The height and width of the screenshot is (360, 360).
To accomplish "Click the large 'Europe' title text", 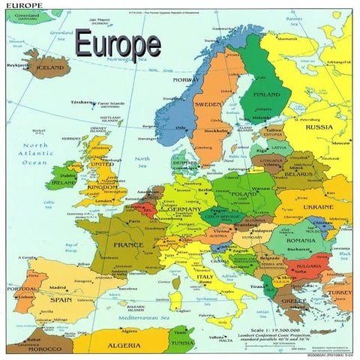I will [x=117, y=44].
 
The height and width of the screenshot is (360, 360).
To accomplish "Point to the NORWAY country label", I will [x=186, y=79].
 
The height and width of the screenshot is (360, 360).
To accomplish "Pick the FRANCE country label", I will [x=128, y=244].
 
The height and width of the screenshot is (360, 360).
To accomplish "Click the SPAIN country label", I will [x=61, y=300].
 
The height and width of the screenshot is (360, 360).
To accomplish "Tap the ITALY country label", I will [x=205, y=276].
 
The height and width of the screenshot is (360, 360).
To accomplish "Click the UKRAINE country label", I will [x=318, y=206].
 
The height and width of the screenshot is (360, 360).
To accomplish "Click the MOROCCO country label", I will [x=45, y=349].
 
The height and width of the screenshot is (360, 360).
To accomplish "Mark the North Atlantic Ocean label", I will [x=34, y=154].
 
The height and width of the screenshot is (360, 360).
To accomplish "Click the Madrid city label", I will [x=58, y=287].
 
